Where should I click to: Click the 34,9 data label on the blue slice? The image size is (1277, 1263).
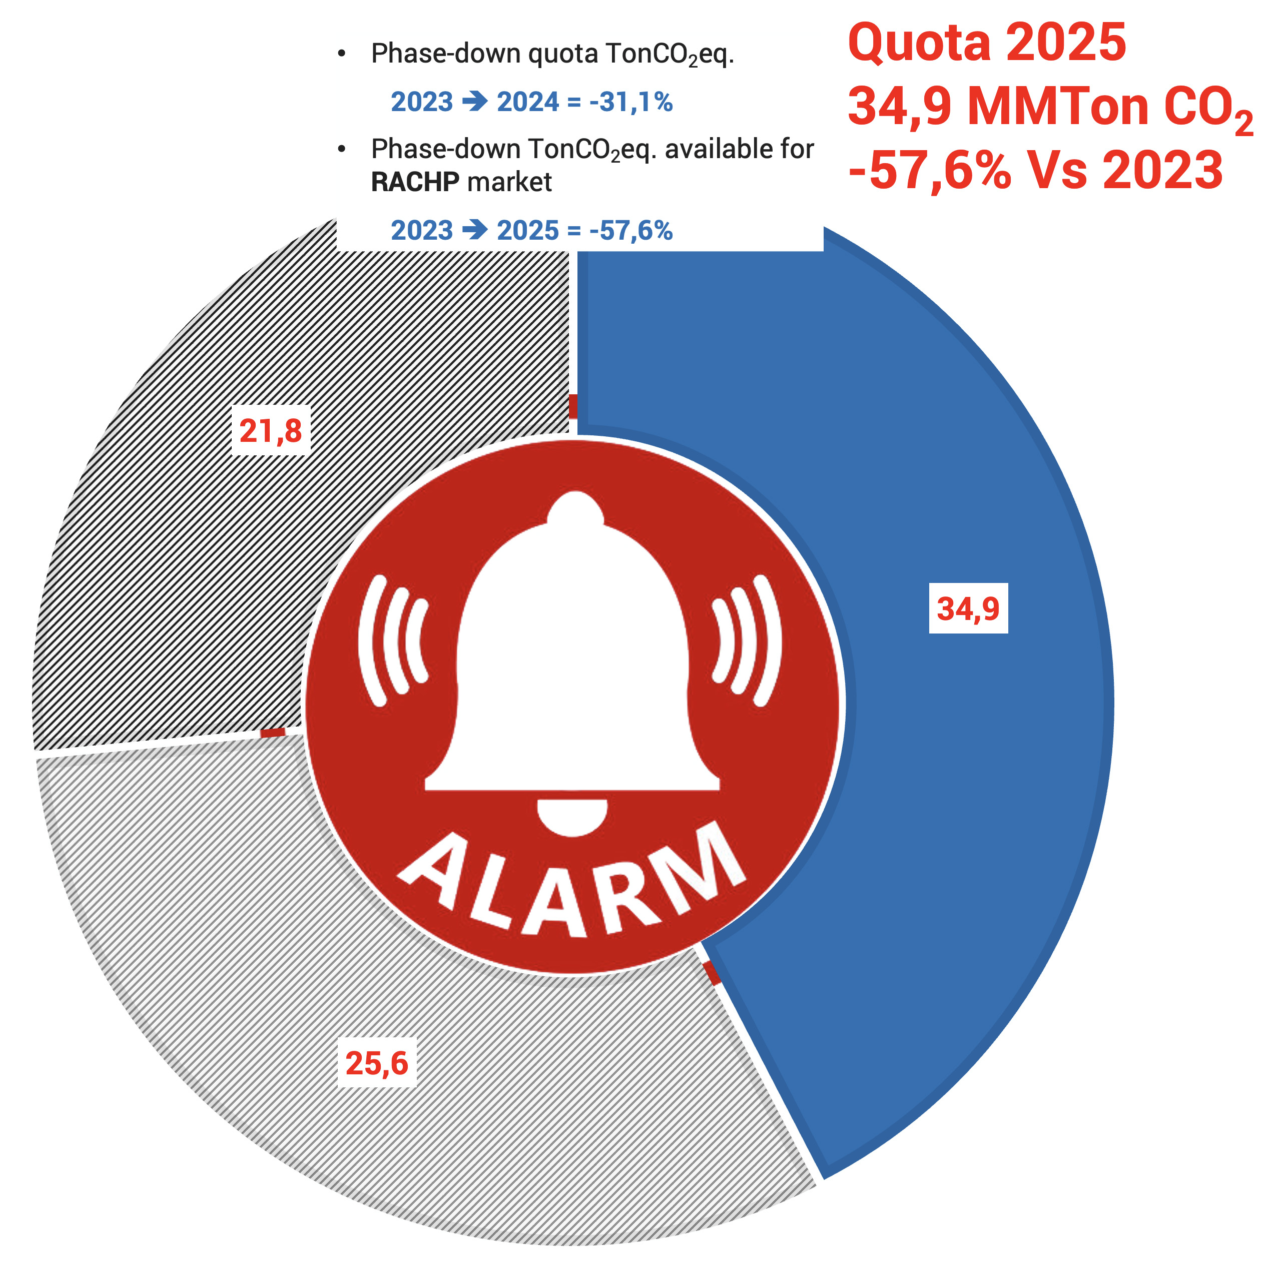click(968, 608)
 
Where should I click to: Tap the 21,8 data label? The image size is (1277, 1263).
click(270, 431)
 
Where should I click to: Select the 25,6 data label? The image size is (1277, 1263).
click(377, 1063)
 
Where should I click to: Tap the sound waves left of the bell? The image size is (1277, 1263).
click(393, 641)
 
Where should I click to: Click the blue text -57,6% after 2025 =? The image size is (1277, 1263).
click(630, 231)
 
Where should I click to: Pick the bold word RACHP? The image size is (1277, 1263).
click(415, 182)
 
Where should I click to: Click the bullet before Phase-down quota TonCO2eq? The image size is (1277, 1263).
click(342, 54)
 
